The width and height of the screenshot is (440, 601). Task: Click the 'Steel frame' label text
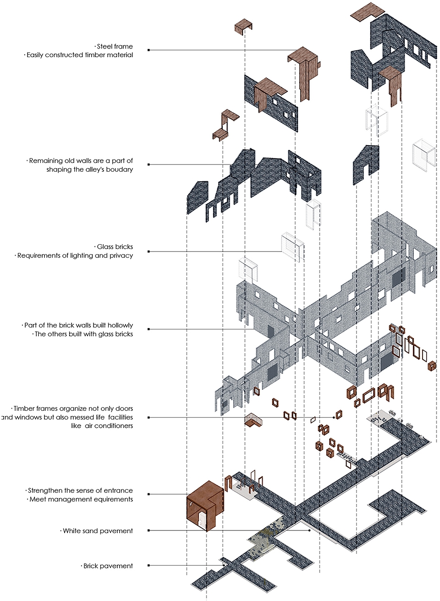pos(115,46)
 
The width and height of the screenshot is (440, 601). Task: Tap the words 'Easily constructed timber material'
pos(80,55)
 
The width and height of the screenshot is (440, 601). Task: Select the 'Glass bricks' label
pos(115,247)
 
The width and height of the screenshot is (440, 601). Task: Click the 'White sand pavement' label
pos(98,531)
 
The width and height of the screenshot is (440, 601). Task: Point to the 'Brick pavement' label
pos(108,566)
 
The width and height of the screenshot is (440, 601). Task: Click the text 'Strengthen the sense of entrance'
pos(80,491)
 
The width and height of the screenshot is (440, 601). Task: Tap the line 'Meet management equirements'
pos(81,499)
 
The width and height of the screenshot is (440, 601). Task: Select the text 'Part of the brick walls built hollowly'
pos(79,325)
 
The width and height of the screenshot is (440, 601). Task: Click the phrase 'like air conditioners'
pos(102,426)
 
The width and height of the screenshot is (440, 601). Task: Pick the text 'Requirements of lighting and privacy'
pos(75,256)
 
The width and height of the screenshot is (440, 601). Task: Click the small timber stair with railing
pos(253,420)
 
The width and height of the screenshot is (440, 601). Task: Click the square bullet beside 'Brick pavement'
pos(148,566)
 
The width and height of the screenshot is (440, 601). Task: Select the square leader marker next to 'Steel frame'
pos(148,50)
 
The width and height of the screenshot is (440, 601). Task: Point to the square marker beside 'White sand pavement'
pos(148,530)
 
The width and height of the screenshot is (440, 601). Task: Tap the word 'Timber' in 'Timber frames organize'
pos(22,409)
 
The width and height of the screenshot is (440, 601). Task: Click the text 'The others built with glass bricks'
pos(84,334)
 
